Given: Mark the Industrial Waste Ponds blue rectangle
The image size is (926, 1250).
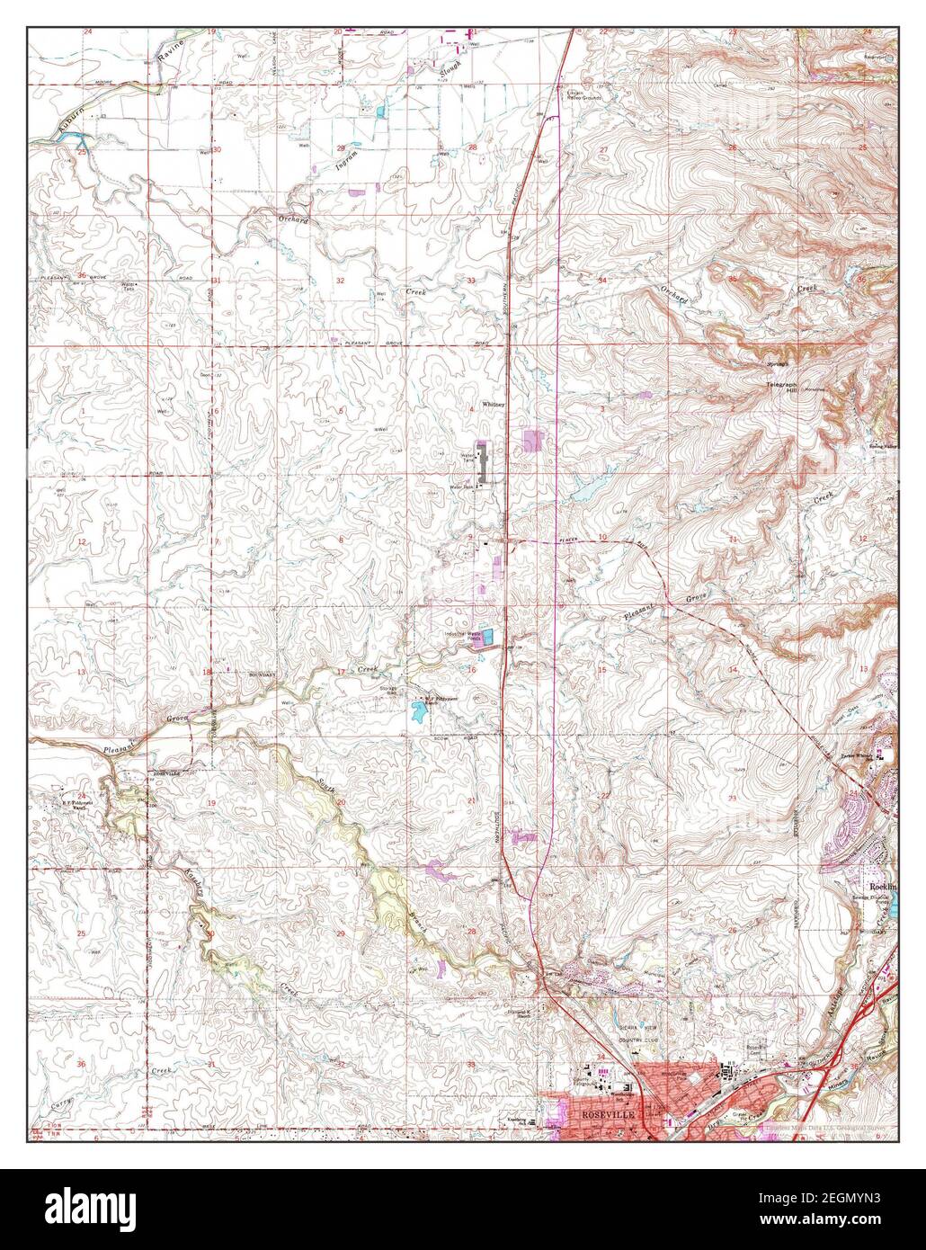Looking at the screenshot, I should tap(487, 638).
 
